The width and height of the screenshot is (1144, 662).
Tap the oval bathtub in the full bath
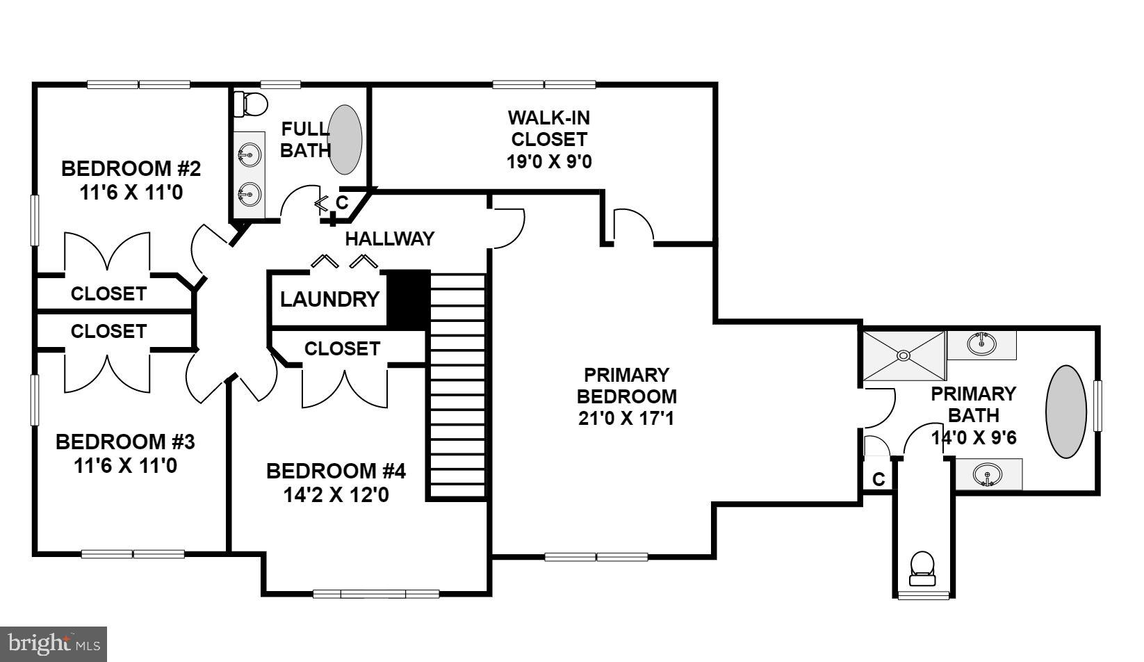tap(345, 139)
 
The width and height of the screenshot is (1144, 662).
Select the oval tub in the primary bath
tap(1066, 412)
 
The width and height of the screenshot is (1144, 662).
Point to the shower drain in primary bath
tap(904, 355)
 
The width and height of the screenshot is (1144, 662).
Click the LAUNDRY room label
tap(329, 300)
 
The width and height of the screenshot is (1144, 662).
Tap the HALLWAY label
tap(389, 239)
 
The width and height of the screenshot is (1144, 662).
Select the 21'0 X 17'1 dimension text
tap(626, 419)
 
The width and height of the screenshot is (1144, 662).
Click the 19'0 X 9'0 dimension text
tap(548, 161)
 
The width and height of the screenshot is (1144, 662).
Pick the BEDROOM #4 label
tap(336, 471)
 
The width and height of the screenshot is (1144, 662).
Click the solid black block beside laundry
tap(408, 300)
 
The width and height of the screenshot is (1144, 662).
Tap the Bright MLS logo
tap(54, 644)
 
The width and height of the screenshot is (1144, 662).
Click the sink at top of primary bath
tap(981, 344)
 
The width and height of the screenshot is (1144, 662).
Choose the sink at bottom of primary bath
tap(987, 475)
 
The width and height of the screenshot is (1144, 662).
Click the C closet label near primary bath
tap(879, 479)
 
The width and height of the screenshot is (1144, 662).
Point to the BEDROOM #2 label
tap(131, 169)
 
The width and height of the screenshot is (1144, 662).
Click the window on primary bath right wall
tap(1098, 406)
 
